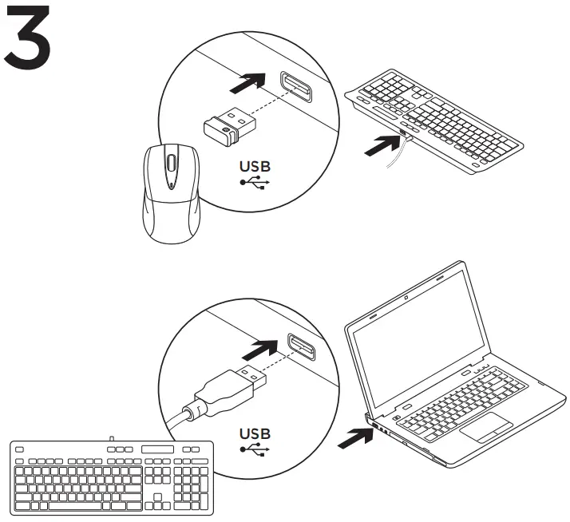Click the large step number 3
pos(28,37)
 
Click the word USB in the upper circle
pos(255,166)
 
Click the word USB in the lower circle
pos(255,433)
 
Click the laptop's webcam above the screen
pos(406,299)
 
